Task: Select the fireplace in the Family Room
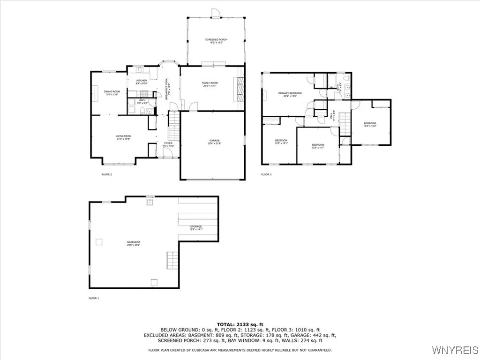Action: click(240, 88)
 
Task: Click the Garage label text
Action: click(215, 142)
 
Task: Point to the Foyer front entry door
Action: click(169, 157)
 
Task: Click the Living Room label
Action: click(124, 137)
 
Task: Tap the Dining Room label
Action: click(112, 93)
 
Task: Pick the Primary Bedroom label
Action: click(290, 95)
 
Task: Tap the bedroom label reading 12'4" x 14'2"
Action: click(370, 125)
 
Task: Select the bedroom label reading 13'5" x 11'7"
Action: click(318, 146)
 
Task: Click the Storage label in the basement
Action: click(196, 228)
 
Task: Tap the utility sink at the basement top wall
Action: click(150, 202)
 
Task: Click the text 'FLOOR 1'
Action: click(94, 298)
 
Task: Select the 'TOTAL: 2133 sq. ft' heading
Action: click(240, 324)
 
